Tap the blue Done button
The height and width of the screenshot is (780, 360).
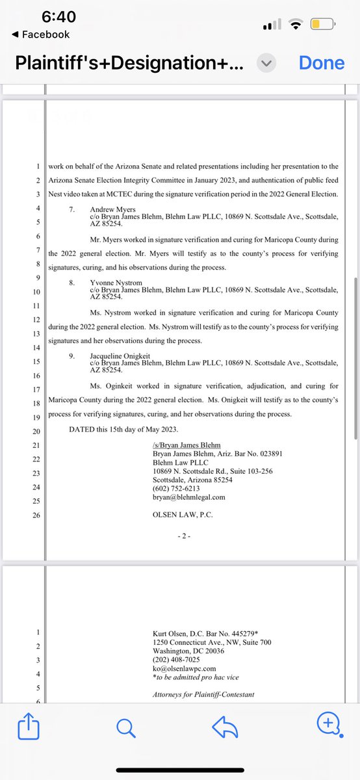tap(321, 63)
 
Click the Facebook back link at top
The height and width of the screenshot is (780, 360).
tap(40, 34)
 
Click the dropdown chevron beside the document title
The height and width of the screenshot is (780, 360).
tap(267, 63)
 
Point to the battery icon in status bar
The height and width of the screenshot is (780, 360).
tap(323, 24)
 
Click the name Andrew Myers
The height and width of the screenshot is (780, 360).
tap(111, 209)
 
